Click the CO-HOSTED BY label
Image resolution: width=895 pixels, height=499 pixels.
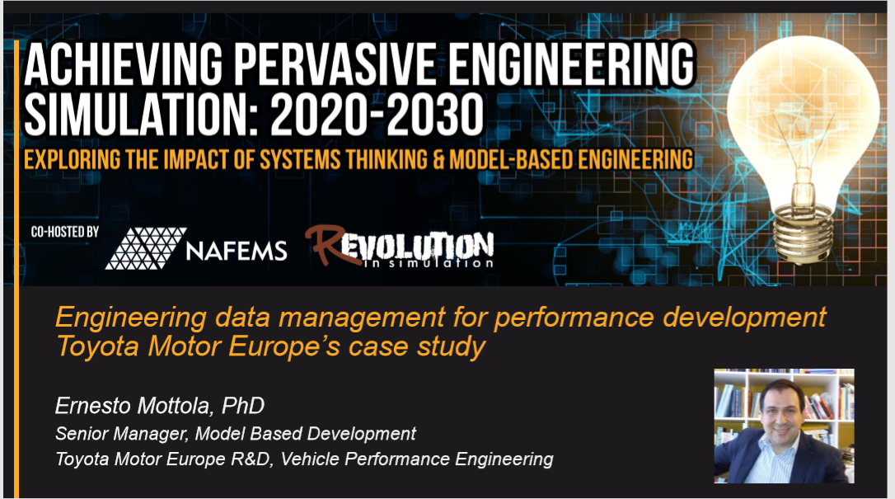(x=65, y=232)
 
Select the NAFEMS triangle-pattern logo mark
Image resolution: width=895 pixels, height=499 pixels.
(x=146, y=248)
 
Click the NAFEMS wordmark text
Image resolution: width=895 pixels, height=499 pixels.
(x=237, y=251)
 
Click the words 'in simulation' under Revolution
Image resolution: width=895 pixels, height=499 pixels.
(x=428, y=263)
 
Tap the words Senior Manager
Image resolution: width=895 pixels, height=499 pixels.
(x=121, y=434)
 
